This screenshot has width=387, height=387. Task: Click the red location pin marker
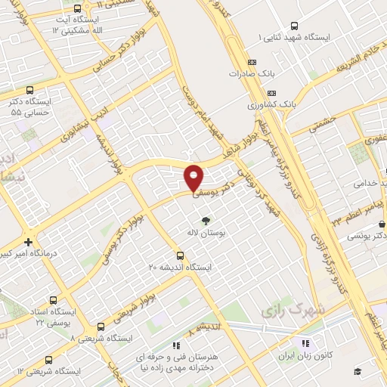pyautogui.click(x=194, y=177)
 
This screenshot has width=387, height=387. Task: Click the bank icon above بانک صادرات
pyautogui.click(x=252, y=62)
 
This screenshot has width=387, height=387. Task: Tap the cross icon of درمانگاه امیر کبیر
pyautogui.click(x=29, y=243)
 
